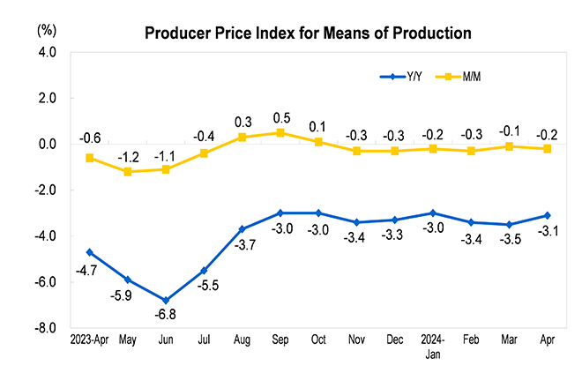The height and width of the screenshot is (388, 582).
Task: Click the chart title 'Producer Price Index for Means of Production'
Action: (308, 34)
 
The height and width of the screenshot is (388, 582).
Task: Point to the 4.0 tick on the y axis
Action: (47, 53)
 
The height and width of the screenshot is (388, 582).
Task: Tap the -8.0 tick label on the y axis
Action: (45, 328)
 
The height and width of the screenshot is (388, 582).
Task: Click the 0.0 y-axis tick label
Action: (47, 144)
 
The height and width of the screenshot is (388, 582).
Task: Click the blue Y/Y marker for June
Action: (166, 300)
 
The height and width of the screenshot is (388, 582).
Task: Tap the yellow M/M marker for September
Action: (280, 132)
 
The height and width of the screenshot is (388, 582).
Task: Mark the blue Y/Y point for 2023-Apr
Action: (90, 252)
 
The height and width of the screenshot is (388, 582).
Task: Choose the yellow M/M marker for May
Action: (128, 172)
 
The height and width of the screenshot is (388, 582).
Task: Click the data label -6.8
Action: (166, 314)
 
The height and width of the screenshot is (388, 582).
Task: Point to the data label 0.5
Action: (280, 117)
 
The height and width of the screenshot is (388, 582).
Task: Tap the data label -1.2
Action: (130, 157)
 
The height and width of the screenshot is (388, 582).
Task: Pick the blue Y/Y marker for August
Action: (242, 229)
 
